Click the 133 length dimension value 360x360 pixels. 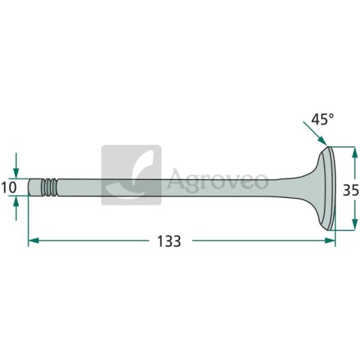click(169, 241)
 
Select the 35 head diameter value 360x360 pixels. click(350, 190)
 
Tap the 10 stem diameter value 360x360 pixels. click(9, 187)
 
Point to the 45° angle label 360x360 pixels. click(322, 118)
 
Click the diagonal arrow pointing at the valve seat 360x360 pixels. click(315, 133)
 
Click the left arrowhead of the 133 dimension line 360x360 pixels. click(34, 241)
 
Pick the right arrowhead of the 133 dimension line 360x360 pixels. click(330, 241)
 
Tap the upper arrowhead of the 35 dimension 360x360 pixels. click(354, 152)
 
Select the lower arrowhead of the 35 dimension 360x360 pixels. click(354, 224)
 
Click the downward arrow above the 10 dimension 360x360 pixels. click(16, 166)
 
